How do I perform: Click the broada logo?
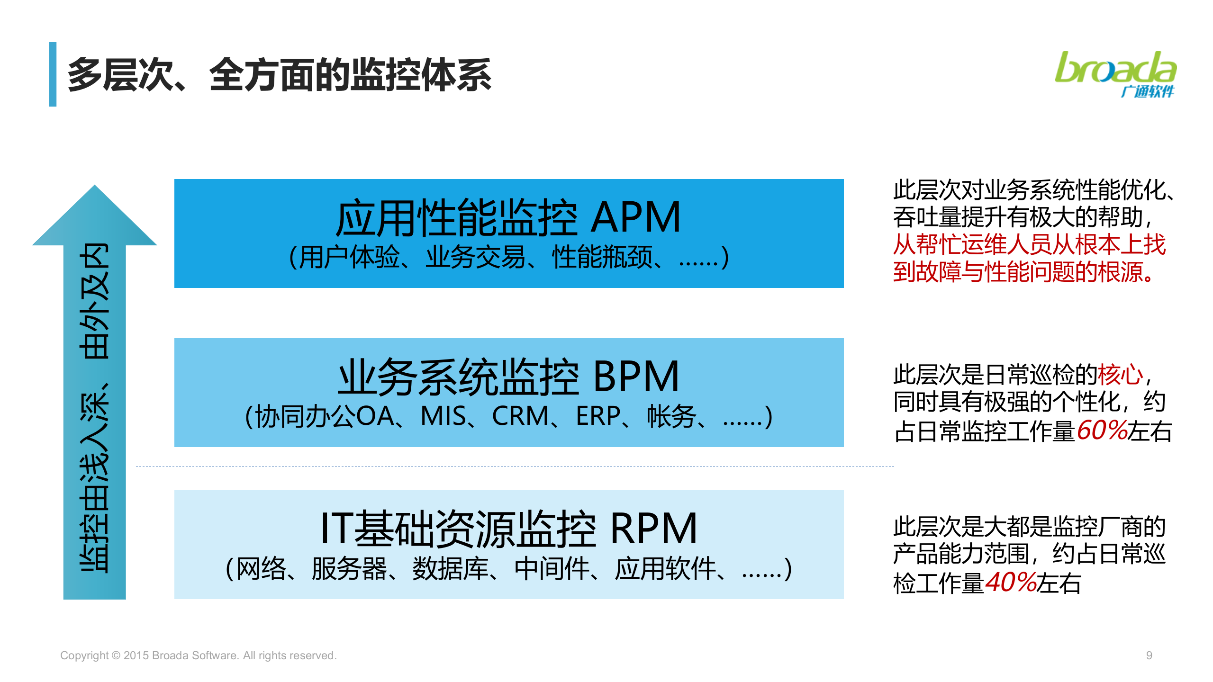pos(1115,74)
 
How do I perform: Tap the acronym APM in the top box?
pos(636,217)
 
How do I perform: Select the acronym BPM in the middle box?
pos(636,377)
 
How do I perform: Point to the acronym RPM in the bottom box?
pos(653,528)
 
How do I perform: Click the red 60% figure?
pos(1102,430)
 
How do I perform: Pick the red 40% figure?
pos(1011,582)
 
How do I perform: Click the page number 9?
pos(1149,655)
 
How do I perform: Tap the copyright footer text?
pos(199,655)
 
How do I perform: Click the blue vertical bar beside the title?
pos(53,74)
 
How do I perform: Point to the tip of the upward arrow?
pos(94,185)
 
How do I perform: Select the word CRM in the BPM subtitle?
pos(520,416)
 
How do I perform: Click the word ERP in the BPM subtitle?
pos(598,416)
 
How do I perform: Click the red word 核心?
pos(1121,375)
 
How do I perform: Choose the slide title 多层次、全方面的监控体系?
pos(280,75)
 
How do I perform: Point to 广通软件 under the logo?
pos(1147,91)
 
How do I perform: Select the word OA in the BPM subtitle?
pos(375,416)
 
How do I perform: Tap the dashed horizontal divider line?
pos(515,467)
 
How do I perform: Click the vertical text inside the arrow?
pos(94,407)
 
